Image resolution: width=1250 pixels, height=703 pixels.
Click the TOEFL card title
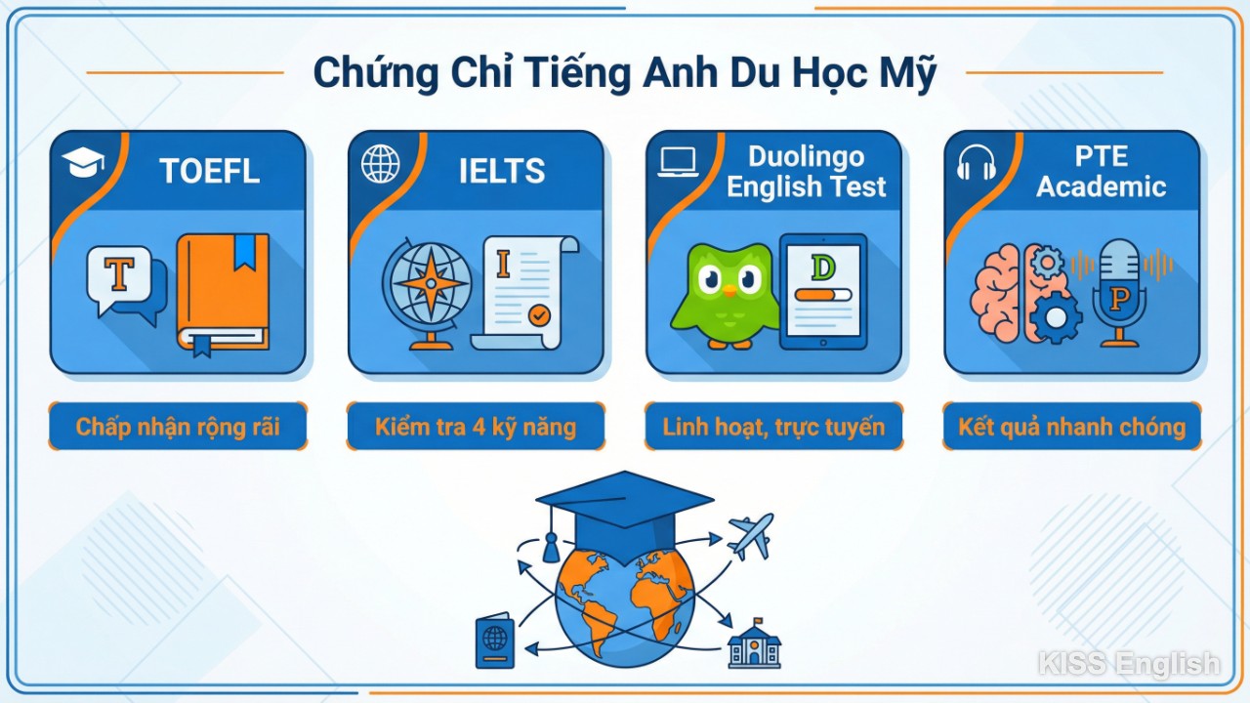209,171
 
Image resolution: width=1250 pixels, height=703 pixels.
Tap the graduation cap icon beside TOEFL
82,163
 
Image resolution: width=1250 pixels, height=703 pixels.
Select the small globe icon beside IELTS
380,164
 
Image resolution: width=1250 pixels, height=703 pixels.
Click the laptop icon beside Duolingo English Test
678,162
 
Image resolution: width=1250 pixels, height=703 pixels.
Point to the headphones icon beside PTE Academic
976,163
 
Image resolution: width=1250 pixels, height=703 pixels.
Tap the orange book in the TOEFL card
223,293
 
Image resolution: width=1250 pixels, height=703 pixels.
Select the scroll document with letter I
522,291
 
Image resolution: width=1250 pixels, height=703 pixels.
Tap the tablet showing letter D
822,291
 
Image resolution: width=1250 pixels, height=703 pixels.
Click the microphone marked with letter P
1119,291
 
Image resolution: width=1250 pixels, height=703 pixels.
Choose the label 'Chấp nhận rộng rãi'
178,427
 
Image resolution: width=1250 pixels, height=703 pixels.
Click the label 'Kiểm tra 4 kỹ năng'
476,427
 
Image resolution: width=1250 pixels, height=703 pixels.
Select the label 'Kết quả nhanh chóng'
1071,427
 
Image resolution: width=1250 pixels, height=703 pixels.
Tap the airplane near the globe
750,535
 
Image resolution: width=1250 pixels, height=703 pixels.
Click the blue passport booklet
494,641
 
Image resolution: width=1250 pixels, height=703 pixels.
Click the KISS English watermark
1128,665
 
